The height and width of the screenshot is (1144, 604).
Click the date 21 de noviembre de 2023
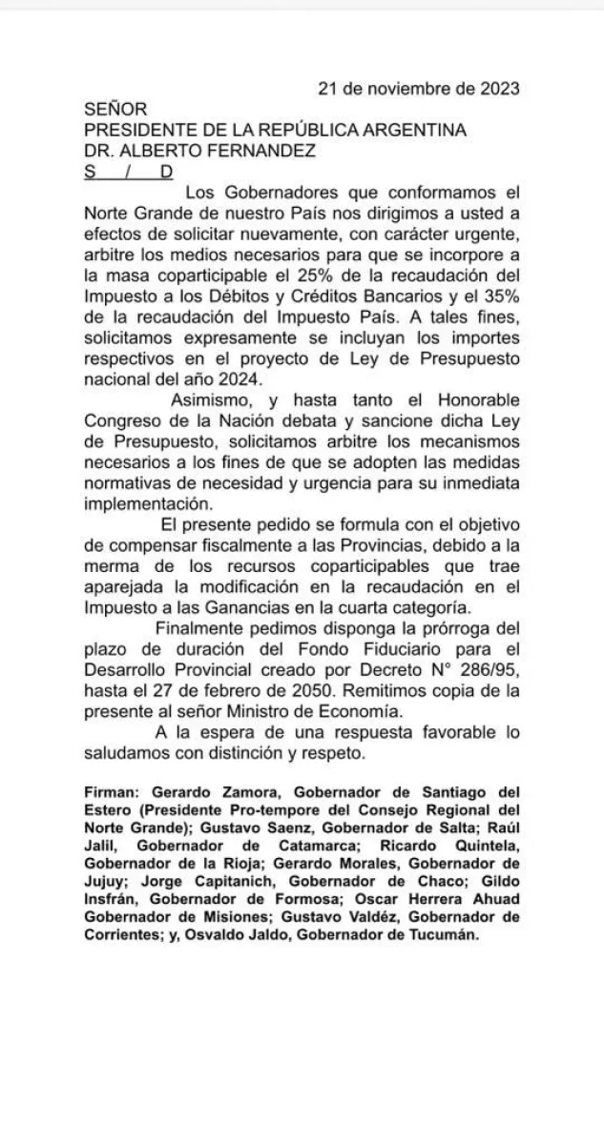418,89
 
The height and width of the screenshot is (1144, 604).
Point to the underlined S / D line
129,172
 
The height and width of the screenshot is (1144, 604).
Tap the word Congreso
126,421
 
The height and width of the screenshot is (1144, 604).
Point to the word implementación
143,504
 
